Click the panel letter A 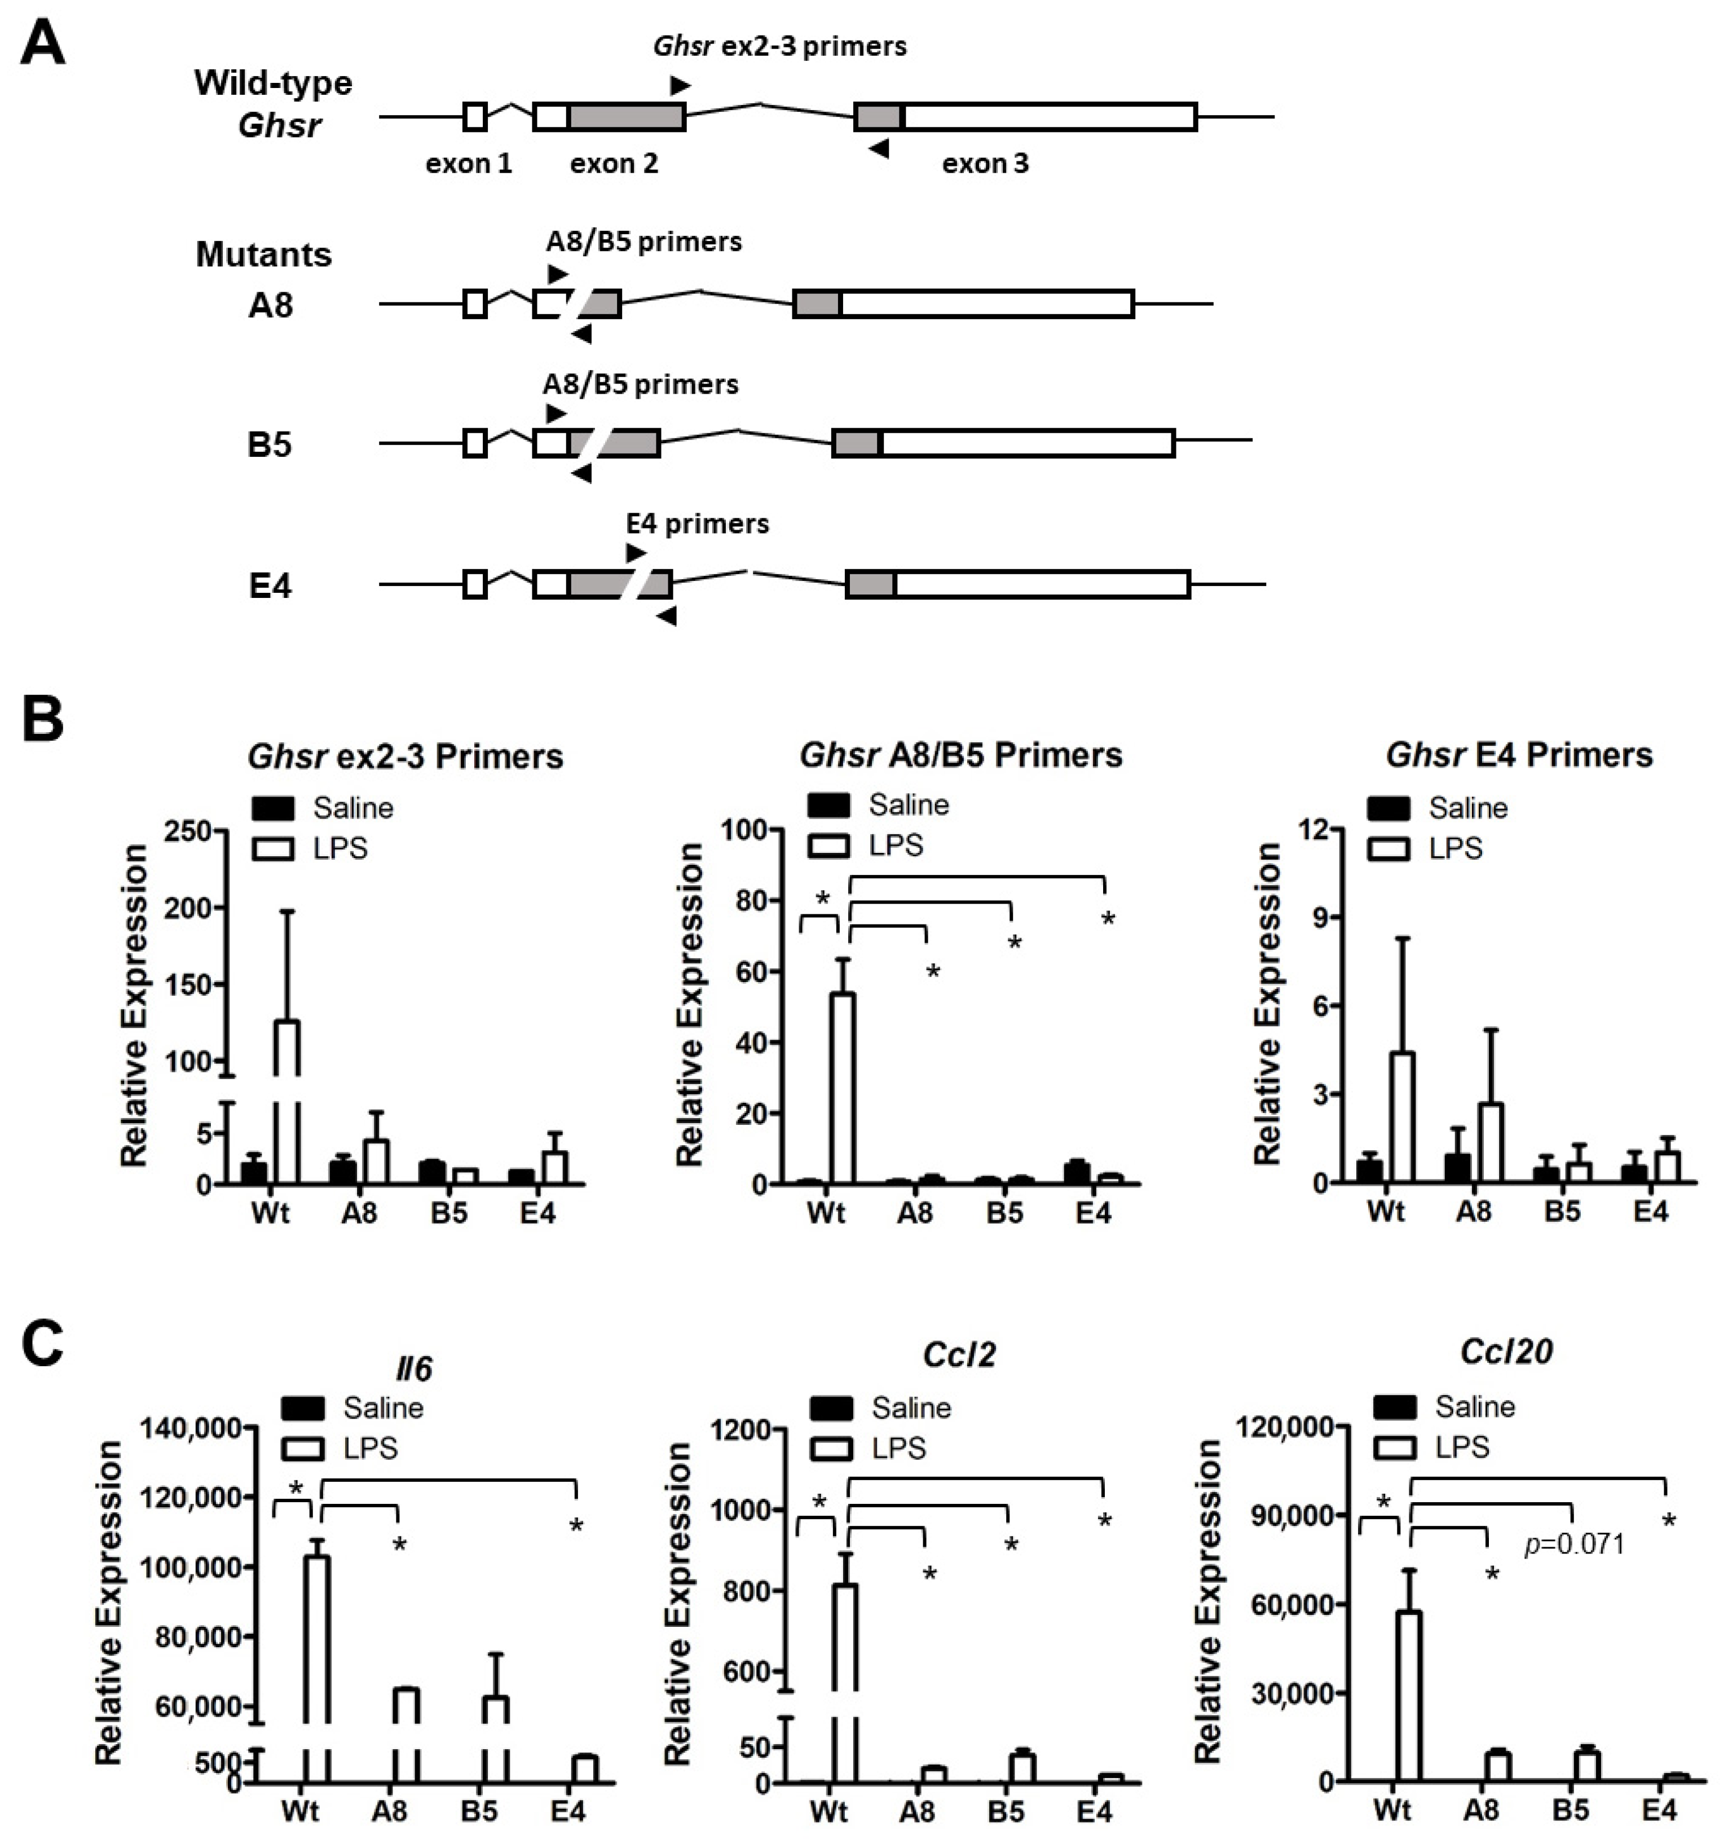pos(43,43)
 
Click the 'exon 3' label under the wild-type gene pos(985,164)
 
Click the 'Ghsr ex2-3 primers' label pos(780,46)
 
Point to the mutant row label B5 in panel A pos(270,445)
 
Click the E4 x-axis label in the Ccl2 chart pos(1095,1811)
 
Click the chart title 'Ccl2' pos(959,1355)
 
